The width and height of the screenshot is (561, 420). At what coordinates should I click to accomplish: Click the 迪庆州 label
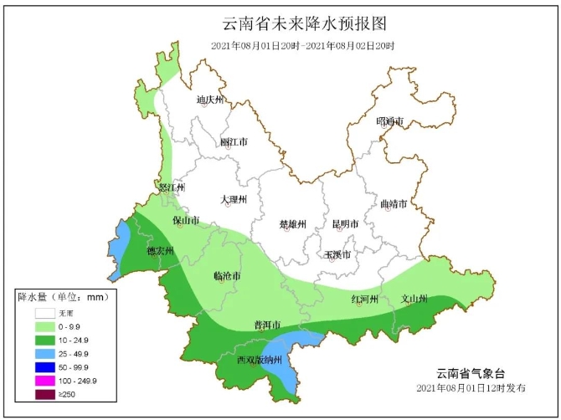(x=210, y=100)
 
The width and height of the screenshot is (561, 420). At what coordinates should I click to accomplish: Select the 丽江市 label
(x=234, y=142)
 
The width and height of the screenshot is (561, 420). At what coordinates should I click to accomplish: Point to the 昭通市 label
(x=390, y=122)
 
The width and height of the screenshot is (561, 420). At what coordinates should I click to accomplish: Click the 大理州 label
(x=234, y=200)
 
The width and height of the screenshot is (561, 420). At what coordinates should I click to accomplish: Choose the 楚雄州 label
(x=293, y=224)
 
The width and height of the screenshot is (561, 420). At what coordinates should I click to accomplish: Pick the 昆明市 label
(x=345, y=224)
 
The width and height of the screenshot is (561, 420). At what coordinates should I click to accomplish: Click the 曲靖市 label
(x=393, y=204)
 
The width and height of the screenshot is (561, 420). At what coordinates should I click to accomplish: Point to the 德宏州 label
(x=160, y=250)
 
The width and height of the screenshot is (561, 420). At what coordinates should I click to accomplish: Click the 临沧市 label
(x=227, y=276)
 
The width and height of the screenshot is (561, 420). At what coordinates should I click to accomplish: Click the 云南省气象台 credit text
(x=471, y=373)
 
